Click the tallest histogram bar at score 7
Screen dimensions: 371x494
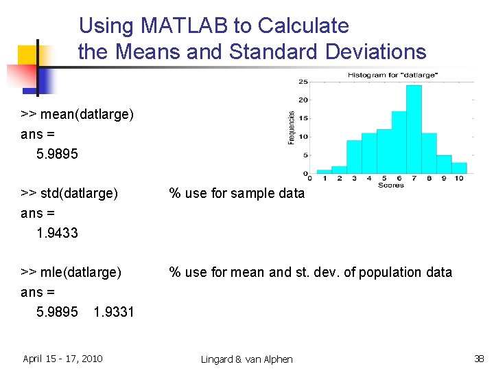tap(414, 130)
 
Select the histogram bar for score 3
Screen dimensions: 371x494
tap(354, 157)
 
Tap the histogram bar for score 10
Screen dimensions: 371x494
tap(459, 168)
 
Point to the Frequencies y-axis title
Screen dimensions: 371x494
tap(292, 128)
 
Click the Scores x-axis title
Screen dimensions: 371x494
tap(391, 185)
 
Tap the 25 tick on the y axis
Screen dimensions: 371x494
tap(303, 81)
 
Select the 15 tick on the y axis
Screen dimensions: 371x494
tap(303, 118)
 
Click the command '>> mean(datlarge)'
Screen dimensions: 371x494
tap(77, 114)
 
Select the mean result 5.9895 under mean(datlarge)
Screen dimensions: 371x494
tap(57, 154)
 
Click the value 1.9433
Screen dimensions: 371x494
tap(57, 233)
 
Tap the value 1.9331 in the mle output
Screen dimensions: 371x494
tap(114, 312)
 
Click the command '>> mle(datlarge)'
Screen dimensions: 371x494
tap(71, 272)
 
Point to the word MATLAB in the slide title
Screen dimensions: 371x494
tap(185, 26)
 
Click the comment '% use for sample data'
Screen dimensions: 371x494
tap(237, 193)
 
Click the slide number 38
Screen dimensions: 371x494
tap(479, 358)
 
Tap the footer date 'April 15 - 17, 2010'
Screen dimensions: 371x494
tap(62, 358)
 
